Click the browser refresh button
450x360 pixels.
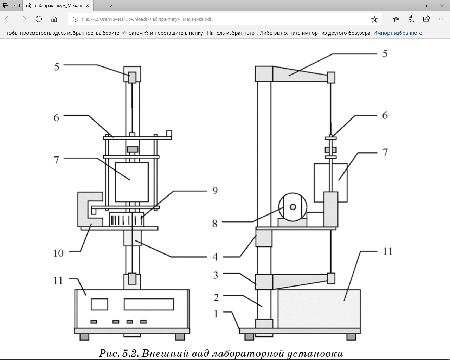point(39,19)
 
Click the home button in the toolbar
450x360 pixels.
point(54,19)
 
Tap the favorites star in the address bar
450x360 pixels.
point(374,19)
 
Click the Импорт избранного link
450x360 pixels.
point(398,33)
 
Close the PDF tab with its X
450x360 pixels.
point(88,6)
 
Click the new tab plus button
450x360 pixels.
point(99,6)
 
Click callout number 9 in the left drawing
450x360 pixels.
point(215,191)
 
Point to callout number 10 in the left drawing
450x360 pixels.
point(58,253)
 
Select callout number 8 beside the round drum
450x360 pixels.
point(214,223)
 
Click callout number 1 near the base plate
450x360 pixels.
point(216,314)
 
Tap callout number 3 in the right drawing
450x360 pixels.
point(216,275)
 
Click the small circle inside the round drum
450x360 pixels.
point(293,207)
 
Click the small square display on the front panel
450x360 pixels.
point(99,304)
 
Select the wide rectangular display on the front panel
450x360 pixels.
point(149,304)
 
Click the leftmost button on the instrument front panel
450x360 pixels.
point(94,322)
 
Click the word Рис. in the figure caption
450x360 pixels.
point(110,353)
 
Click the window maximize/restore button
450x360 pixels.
point(426,6)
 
